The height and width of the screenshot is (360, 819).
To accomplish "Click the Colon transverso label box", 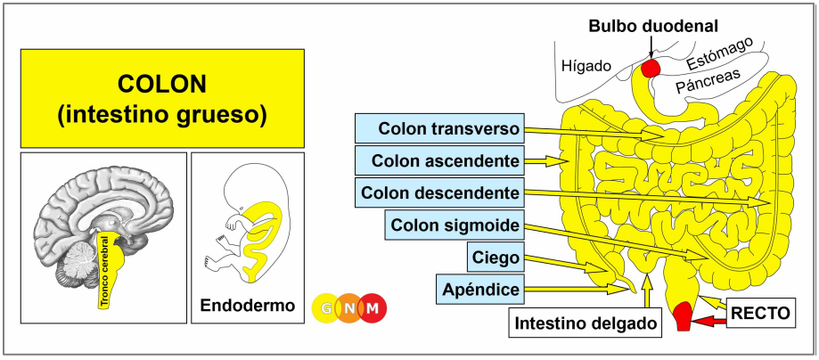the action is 438,128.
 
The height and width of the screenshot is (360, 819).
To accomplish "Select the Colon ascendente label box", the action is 438,161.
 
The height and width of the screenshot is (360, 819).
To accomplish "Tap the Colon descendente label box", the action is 438,192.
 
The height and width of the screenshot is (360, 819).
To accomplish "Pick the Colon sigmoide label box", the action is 455,225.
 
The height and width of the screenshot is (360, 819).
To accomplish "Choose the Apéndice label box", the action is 480,289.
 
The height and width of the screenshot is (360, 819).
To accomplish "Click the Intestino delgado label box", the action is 585,323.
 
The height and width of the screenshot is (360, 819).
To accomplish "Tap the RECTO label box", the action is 760,313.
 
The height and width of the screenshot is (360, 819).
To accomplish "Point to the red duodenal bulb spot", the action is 651,68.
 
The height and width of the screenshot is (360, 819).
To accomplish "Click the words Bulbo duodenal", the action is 654,26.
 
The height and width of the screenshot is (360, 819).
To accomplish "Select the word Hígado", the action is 586,66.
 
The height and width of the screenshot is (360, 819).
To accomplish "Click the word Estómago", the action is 719,53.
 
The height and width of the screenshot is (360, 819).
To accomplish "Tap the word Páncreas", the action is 708,81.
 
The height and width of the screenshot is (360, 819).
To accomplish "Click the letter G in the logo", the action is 327,309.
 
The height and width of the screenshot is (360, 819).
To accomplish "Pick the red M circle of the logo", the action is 373,309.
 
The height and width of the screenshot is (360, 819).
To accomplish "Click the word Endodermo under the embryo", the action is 248,305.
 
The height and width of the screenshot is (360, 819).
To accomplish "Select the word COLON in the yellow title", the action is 162,84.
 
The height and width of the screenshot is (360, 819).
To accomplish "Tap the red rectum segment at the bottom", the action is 684,316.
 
